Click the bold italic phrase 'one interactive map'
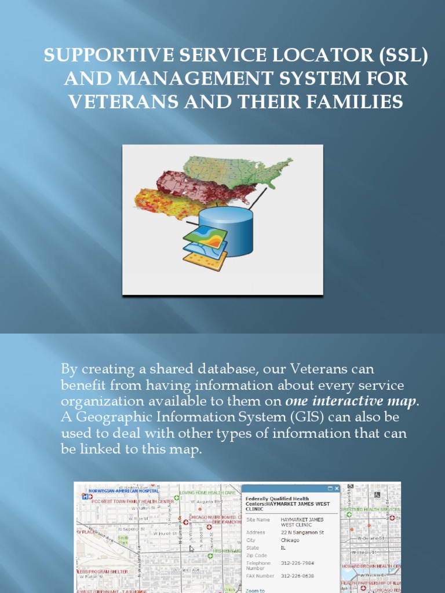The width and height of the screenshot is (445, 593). pos(352,401)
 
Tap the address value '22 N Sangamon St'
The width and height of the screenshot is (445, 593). pos(302,532)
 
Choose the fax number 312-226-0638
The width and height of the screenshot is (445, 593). pos(297,576)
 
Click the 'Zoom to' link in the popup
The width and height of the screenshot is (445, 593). pos(255,590)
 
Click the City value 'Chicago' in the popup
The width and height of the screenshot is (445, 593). pos(290,540)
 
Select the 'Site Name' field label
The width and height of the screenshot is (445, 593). pos(257,519)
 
